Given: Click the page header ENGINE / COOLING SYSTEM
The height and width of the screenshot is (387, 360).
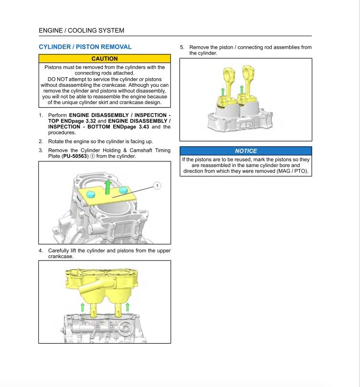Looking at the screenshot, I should click(81, 31).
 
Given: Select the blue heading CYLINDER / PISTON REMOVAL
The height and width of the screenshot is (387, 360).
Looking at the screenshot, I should click(85, 47).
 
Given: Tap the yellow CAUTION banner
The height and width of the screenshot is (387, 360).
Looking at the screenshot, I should click(104, 59).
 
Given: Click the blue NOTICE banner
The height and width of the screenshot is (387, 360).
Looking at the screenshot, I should click(245, 151).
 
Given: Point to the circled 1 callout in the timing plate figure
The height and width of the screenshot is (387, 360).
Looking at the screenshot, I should click(158, 185).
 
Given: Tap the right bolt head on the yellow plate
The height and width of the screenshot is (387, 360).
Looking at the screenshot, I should click(124, 190).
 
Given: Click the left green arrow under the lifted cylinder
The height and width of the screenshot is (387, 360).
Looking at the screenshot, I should click(83, 307).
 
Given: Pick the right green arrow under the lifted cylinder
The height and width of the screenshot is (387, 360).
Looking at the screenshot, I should click(128, 307).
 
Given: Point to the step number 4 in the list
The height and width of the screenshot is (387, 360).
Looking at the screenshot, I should click(41, 251).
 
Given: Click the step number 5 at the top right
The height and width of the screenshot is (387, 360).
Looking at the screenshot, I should click(182, 47).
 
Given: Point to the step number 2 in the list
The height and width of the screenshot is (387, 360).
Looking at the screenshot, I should click(41, 141).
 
